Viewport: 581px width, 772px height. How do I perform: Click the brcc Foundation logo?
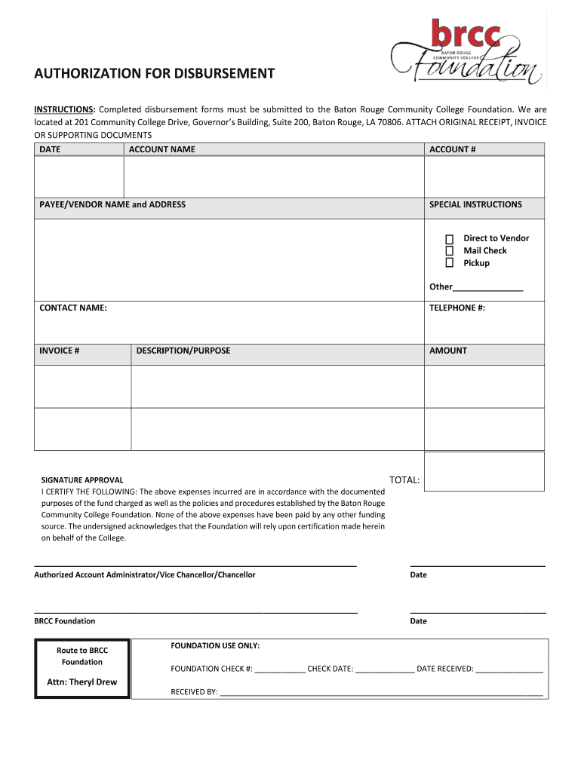tap(467, 52)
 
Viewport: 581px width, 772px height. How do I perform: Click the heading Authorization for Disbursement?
tap(154, 74)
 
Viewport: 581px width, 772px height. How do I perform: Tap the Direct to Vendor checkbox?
tap(449, 238)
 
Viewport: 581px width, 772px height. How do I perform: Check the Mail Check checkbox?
tap(449, 250)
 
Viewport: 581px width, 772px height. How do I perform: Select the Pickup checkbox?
tap(449, 263)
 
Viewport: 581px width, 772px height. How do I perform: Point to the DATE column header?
tap(50, 149)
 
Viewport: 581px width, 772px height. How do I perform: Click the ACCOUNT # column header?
tap(452, 149)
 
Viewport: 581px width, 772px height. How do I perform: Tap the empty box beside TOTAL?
tap(484, 472)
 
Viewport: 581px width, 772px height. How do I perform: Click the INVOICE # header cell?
tap(60, 351)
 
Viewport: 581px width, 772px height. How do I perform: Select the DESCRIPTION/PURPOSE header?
tap(183, 351)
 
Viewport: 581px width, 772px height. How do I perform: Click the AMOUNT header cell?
tap(448, 351)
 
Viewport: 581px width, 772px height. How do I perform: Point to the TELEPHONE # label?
tap(457, 308)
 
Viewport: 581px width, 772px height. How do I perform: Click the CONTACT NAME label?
tap(73, 308)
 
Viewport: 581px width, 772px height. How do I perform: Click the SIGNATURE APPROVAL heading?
tap(81, 480)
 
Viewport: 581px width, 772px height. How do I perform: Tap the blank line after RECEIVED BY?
tap(381, 692)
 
